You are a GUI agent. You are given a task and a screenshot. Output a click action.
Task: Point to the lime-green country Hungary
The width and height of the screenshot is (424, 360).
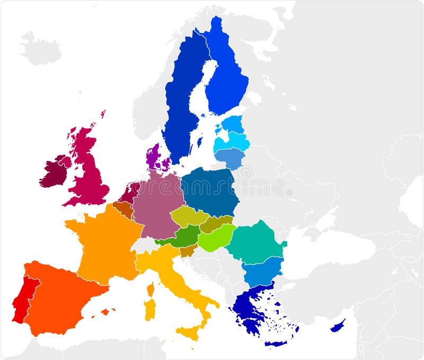(x=216, y=237)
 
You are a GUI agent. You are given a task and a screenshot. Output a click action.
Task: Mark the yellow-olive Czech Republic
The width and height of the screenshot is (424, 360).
(x=188, y=216)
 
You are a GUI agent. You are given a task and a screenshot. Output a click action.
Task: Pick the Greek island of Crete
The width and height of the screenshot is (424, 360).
(x=276, y=343)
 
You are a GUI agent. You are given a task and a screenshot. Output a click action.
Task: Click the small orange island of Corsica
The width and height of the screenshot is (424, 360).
(x=151, y=289)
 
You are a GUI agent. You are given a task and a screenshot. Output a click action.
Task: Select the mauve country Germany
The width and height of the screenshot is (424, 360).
(x=156, y=204)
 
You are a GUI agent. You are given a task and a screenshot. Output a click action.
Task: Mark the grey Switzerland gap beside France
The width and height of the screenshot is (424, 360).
(x=144, y=245)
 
